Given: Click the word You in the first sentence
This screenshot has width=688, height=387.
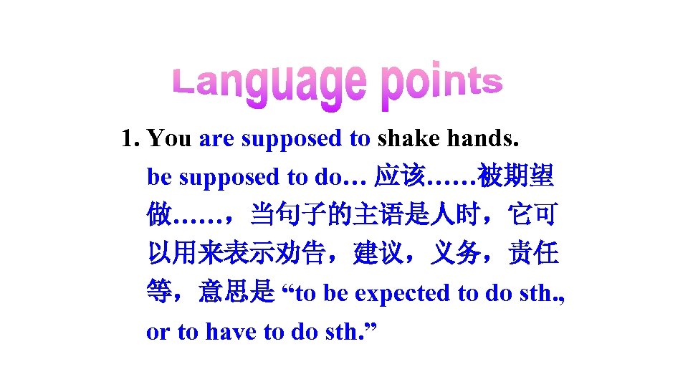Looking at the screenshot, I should (x=171, y=138).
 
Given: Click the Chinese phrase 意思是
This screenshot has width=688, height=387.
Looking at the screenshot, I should (x=236, y=292).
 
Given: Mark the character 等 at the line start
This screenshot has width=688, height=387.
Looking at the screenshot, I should (x=159, y=292).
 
